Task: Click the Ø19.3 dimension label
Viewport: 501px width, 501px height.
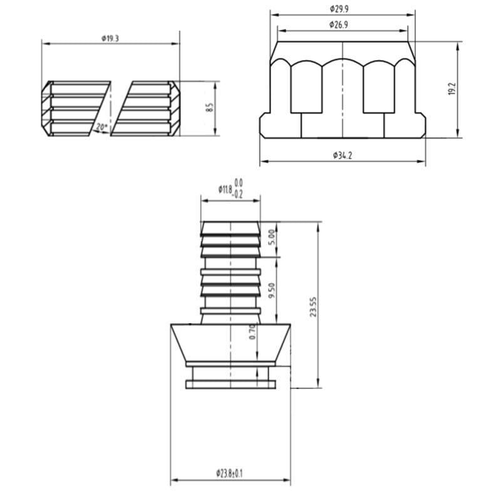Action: (x=110, y=38)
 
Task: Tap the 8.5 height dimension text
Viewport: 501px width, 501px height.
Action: (x=211, y=108)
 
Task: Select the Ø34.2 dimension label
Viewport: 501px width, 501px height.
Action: (x=342, y=155)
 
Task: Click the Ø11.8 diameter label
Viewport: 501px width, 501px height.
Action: (x=225, y=189)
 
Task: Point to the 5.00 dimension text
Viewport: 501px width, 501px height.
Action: (x=271, y=237)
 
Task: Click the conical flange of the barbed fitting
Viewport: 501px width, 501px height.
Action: (x=230, y=343)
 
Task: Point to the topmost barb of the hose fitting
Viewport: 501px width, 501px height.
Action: (x=230, y=229)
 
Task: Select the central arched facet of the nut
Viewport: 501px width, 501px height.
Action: (x=343, y=85)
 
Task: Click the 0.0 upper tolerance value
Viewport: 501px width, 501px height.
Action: (x=239, y=182)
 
